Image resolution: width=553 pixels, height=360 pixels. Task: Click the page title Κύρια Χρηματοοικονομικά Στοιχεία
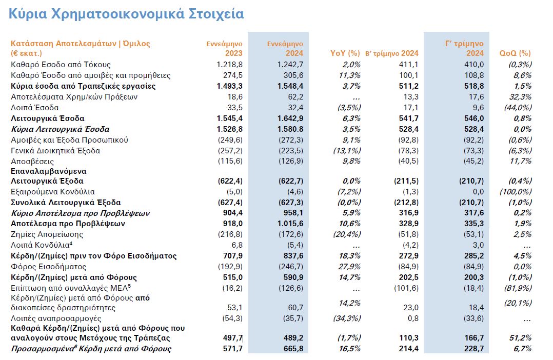pyautogui.click(x=126, y=14)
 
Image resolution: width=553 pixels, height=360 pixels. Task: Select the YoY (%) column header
pyautogui.click(x=347, y=53)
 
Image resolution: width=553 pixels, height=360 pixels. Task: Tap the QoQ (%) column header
pyautogui.click(x=515, y=53)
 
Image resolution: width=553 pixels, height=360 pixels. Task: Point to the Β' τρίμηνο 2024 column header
pyautogui.click(x=392, y=53)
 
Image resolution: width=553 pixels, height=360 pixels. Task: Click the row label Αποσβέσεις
pyautogui.click(x=32, y=161)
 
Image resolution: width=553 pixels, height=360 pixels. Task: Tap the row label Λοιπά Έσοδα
pyautogui.click(x=35, y=108)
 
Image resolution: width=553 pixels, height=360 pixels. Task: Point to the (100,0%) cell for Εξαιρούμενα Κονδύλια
pyautogui.click(x=515, y=191)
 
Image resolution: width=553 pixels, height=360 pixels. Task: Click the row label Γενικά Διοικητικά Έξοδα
pyautogui.click(x=55, y=151)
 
